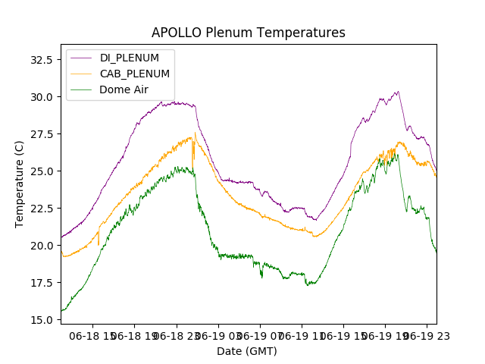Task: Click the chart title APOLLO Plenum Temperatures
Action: tap(248, 33)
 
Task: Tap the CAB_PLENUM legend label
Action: tap(134, 74)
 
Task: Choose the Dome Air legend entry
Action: tap(124, 89)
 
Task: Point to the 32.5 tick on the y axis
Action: tap(39, 59)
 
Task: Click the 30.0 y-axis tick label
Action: tap(39, 96)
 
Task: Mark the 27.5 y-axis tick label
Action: tap(39, 133)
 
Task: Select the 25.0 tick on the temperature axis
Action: tap(39, 171)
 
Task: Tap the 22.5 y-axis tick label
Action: tap(39, 208)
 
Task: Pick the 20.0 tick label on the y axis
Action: tap(39, 245)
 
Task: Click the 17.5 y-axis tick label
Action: tap(39, 282)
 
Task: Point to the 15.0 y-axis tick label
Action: tap(39, 319)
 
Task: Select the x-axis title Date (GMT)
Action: tap(247, 351)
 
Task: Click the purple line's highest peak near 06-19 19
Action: tap(397, 92)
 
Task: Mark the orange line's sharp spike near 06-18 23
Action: tap(195, 133)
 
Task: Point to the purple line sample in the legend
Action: tap(83, 58)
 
